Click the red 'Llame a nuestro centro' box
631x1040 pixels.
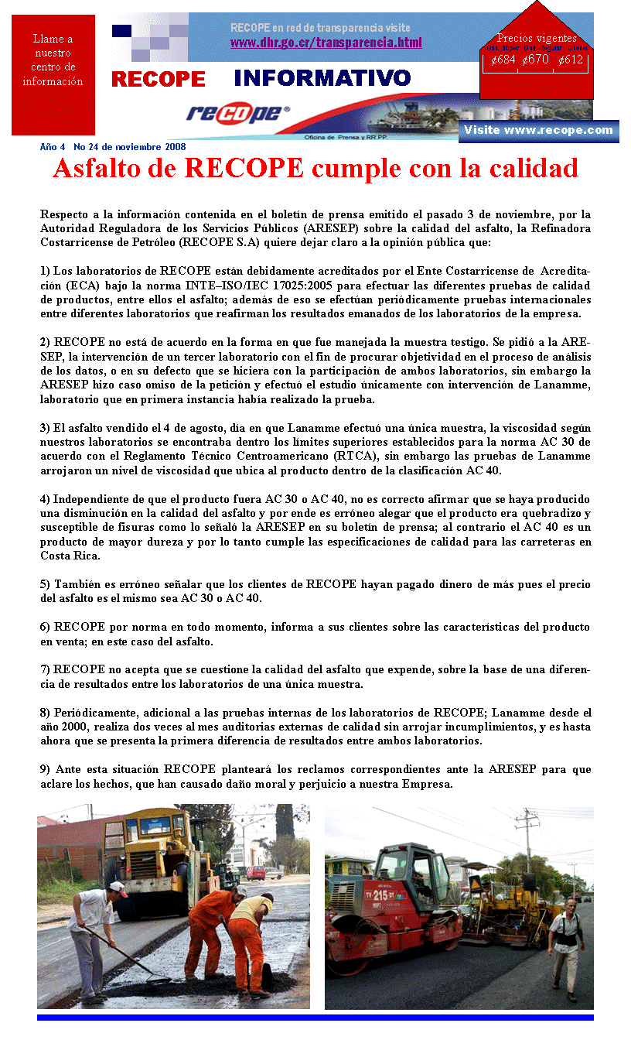pyautogui.click(x=53, y=74)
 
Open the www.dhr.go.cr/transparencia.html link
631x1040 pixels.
pyautogui.click(x=326, y=43)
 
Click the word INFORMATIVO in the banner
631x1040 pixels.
pyautogui.click(x=322, y=78)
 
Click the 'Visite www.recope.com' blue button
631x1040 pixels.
pyautogui.click(x=537, y=130)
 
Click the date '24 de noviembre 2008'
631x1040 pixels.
pyautogui.click(x=136, y=147)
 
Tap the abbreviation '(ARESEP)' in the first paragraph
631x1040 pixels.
pyautogui.click(x=329, y=229)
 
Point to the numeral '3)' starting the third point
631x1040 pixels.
pyautogui.click(x=45, y=428)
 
